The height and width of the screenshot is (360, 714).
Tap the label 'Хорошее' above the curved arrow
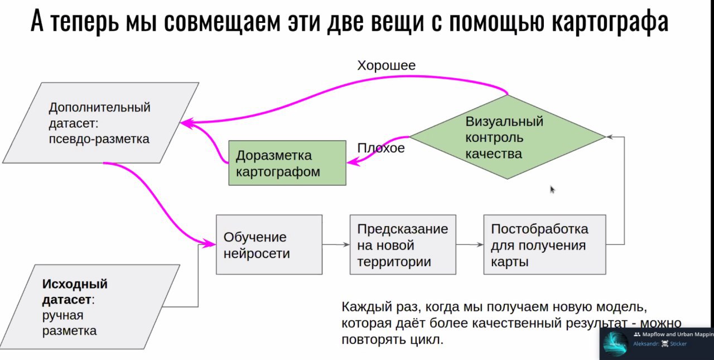coord(387,66)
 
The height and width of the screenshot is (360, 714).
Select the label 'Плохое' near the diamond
coord(381,148)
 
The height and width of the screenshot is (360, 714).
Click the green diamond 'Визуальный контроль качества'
coord(508,137)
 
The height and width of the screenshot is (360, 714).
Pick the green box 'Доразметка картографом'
coord(287,163)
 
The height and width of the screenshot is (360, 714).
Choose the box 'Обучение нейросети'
coord(269,244)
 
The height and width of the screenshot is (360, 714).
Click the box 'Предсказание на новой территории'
coord(403,244)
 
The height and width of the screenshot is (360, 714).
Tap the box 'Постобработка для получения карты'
coord(545,244)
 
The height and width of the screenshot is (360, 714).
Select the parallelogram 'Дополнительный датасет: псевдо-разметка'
coord(101,123)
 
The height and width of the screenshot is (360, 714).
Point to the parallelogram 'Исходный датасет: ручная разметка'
coord(89,307)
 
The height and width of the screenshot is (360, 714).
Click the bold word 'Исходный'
coord(75,284)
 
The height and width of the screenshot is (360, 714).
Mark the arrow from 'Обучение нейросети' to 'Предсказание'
coord(336,244)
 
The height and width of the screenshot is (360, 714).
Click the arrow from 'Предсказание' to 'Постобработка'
coord(470,244)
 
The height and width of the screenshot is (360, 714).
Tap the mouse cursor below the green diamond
coord(552,189)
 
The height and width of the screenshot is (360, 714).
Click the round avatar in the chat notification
coord(615,344)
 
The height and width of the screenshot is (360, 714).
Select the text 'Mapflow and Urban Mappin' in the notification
coord(678,334)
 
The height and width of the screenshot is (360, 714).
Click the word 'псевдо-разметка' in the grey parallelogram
coord(99,140)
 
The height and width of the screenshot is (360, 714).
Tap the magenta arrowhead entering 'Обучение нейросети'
coord(209,244)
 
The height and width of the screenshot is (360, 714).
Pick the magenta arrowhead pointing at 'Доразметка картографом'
coord(353,162)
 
